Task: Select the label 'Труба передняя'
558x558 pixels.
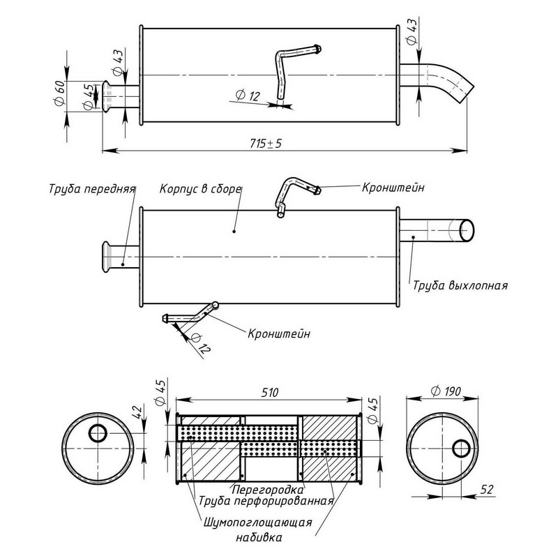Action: point(91,189)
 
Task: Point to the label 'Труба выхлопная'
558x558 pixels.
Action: point(459,285)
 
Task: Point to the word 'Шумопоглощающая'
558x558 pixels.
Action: point(257,523)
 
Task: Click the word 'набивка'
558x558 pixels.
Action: point(257,538)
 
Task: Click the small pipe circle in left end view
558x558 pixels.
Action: point(98,433)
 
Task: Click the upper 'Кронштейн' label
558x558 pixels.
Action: point(393,188)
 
